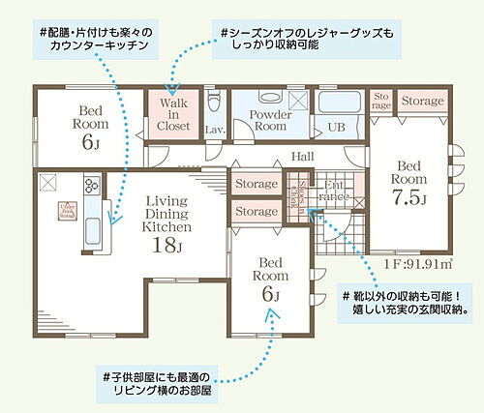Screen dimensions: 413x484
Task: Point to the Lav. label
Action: coord(215,129)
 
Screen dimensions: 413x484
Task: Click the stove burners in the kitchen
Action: coord(90,186)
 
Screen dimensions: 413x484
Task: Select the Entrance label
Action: coord(334,191)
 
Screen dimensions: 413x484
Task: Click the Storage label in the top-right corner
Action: coord(422,100)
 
